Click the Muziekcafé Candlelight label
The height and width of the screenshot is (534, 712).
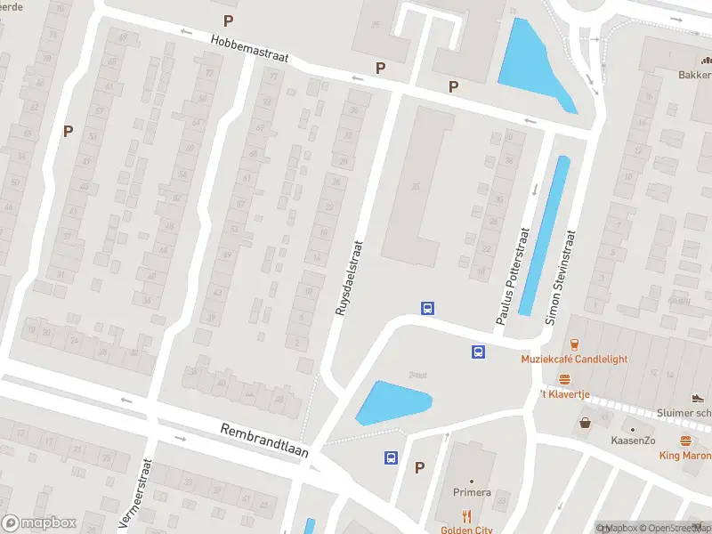[x=574, y=359]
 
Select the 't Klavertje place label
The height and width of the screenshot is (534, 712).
[x=567, y=392]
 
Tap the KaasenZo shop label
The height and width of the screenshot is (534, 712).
[x=633, y=441]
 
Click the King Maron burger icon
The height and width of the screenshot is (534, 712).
[x=685, y=441]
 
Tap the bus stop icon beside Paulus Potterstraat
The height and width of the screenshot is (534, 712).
[x=478, y=352]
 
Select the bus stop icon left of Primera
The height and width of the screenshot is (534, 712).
[x=391, y=458]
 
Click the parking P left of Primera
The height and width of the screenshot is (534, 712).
[x=419, y=466]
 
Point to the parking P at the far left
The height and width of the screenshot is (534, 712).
[x=68, y=131]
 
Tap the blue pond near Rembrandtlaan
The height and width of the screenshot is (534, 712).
[x=393, y=402]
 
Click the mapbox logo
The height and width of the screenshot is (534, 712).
[x=39, y=523]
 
